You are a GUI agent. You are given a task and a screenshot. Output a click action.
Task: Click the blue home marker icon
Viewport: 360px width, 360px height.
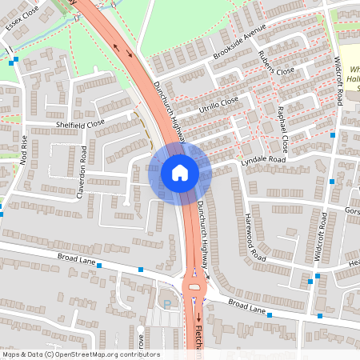180,172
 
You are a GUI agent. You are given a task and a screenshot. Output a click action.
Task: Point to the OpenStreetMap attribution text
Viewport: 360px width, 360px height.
80,354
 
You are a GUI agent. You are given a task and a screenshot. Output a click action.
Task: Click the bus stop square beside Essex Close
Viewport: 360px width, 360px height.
14,59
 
